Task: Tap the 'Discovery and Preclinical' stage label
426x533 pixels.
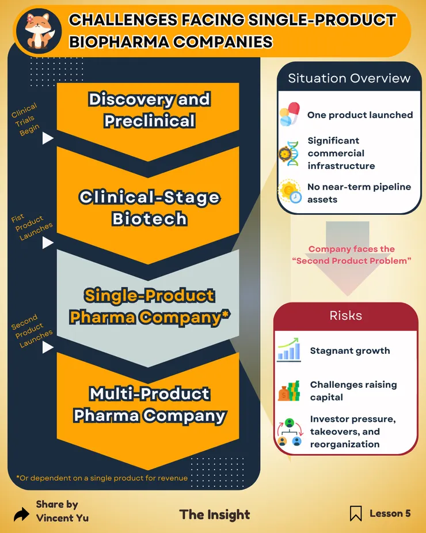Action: (x=150, y=110)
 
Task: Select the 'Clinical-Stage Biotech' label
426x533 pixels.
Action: (x=150, y=207)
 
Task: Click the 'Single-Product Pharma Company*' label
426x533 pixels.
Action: (x=150, y=306)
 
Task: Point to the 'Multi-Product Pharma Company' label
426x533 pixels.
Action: (x=150, y=404)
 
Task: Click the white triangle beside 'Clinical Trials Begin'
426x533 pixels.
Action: (x=48, y=138)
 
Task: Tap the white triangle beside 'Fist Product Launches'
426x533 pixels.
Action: (x=48, y=243)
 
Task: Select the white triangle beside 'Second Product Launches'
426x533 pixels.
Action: (x=48, y=347)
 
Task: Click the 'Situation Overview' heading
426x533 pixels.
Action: (x=349, y=78)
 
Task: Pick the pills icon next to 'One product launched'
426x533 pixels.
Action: (x=290, y=114)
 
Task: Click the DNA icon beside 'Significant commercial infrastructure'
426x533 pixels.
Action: (x=289, y=154)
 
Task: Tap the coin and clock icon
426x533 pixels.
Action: (x=290, y=192)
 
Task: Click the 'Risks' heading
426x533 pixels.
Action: (x=346, y=315)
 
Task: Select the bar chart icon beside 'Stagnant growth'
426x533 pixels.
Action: (x=289, y=349)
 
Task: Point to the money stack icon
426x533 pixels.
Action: (x=289, y=391)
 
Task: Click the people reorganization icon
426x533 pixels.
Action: (x=290, y=432)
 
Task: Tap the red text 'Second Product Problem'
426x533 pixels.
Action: (x=352, y=260)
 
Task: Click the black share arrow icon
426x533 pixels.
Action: (x=21, y=514)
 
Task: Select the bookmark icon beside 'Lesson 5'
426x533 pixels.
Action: (x=356, y=513)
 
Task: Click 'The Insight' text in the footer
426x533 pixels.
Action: (x=215, y=515)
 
